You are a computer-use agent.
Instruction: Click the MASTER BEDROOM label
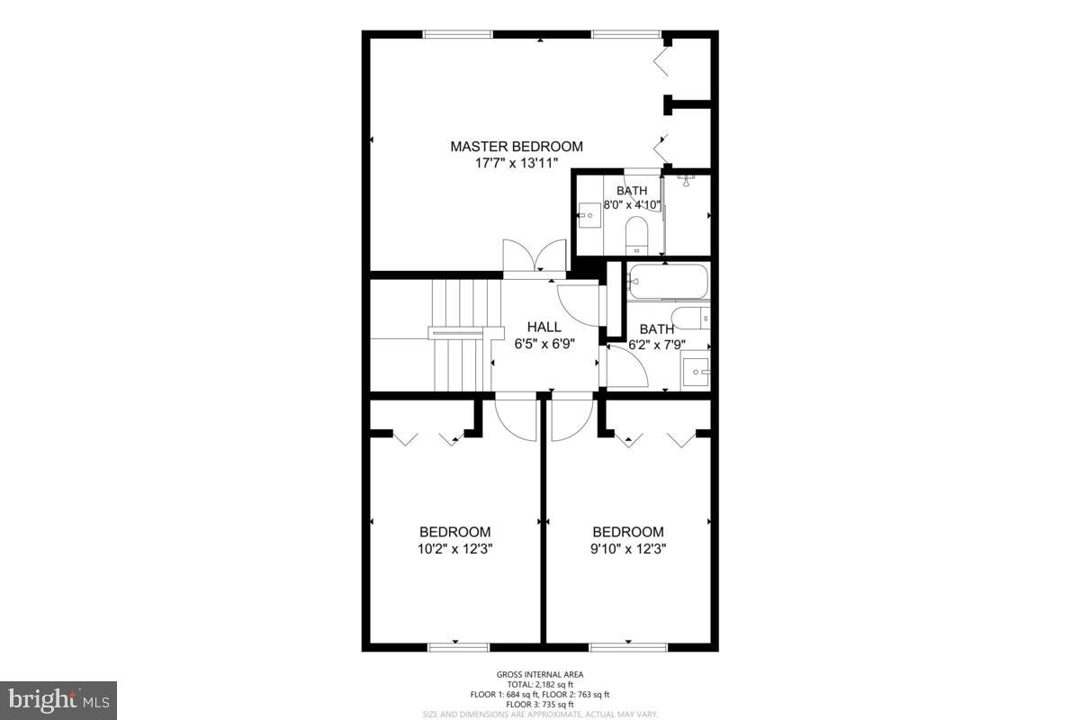(516, 146)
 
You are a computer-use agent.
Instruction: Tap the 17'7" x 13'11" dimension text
(516, 163)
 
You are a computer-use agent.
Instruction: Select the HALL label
(544, 327)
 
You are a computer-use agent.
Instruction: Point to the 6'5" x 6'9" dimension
(544, 343)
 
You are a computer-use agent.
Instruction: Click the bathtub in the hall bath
(668, 283)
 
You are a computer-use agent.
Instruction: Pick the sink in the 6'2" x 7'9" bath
(696, 371)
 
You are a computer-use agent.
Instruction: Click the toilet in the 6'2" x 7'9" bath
(692, 318)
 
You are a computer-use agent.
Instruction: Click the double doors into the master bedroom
(535, 256)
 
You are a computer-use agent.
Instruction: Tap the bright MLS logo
(58, 699)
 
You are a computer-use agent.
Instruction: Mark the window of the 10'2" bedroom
(458, 645)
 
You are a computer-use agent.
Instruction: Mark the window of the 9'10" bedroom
(628, 645)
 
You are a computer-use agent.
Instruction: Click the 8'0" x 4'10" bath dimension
(632, 204)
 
